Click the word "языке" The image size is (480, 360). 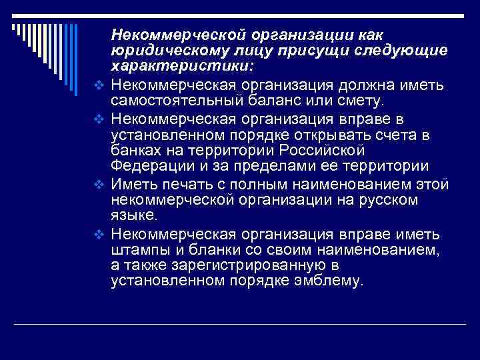tap(134, 215)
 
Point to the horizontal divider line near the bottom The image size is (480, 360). tap(240, 324)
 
